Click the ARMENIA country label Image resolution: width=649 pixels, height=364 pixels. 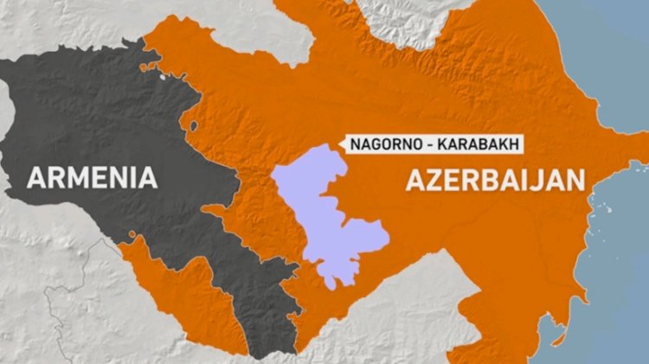tap(93, 178)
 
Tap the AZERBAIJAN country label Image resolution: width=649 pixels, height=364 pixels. tap(493, 181)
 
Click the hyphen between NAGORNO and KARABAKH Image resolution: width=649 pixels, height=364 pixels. tap(427, 144)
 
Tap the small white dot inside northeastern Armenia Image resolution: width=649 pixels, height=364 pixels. tap(162, 79)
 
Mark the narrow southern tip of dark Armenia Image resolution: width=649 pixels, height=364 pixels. tap(260, 342)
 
